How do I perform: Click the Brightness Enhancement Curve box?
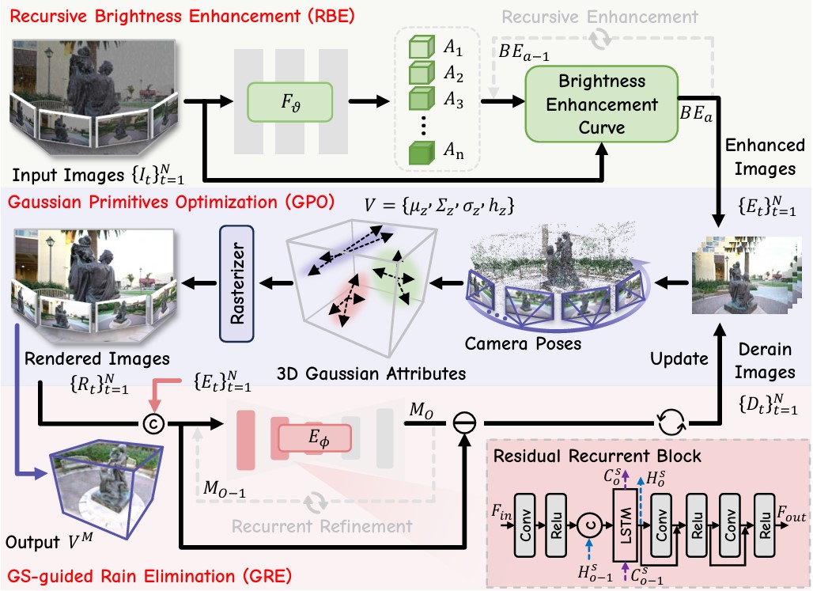pyautogui.click(x=603, y=104)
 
